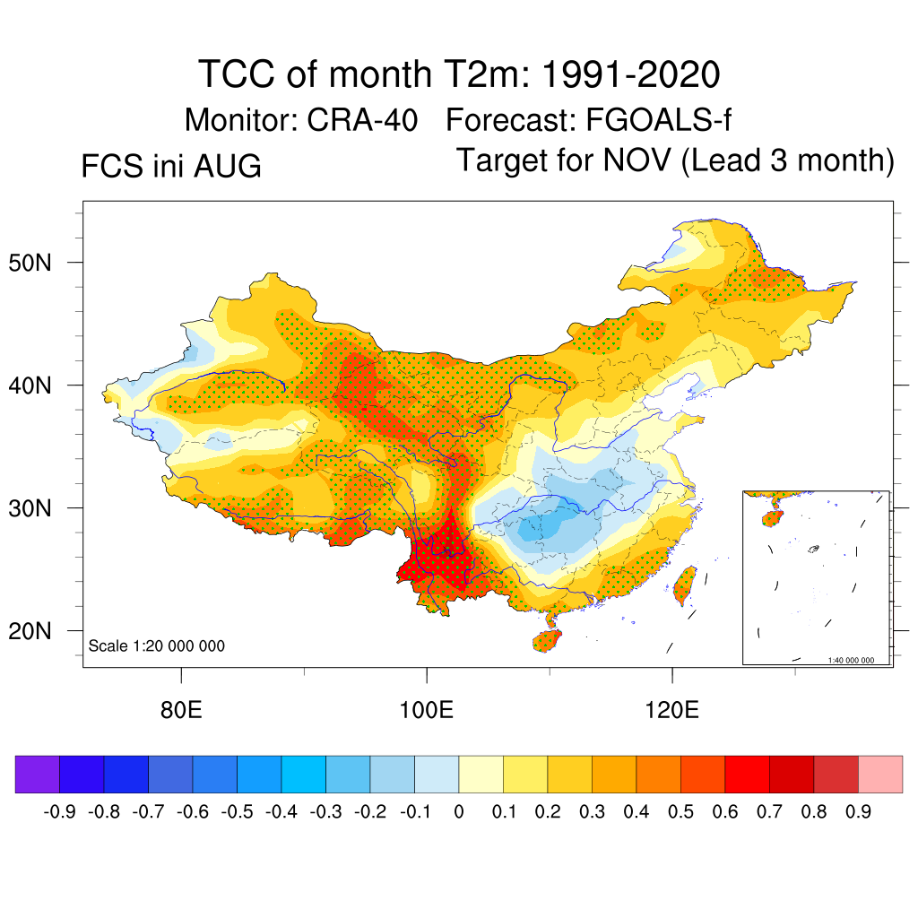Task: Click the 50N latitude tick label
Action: tap(30, 263)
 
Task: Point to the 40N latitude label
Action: tap(30, 385)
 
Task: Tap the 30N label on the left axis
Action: tap(30, 508)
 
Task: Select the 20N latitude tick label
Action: tap(30, 631)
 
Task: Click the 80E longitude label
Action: tap(181, 710)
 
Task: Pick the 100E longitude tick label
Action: tap(426, 710)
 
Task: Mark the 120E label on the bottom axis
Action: tap(671, 710)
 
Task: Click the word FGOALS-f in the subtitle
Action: tap(658, 120)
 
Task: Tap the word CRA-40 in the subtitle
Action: tap(362, 120)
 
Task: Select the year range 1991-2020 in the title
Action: tap(630, 74)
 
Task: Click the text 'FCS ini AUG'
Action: tap(171, 166)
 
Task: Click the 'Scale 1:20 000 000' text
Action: tap(156, 645)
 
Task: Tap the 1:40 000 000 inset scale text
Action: tap(851, 660)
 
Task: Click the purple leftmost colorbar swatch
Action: tap(38, 774)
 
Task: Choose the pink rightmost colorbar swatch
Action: tap(880, 774)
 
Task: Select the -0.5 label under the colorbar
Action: tap(237, 811)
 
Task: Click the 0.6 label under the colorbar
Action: tap(724, 811)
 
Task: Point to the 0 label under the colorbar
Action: tap(459, 811)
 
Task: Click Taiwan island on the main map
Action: tap(684, 585)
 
